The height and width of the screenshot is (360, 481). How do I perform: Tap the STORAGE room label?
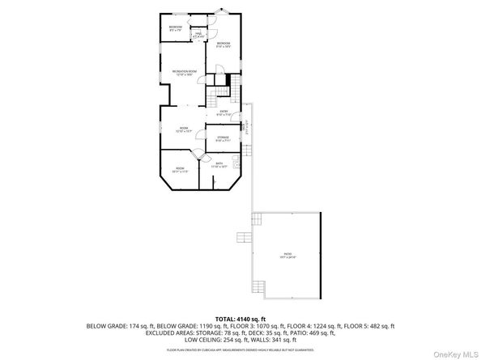[223, 138]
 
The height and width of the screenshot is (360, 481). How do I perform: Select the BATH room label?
[220, 165]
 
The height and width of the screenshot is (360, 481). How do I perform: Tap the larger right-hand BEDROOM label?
[223, 44]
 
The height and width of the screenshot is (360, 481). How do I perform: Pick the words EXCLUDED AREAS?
[171, 332]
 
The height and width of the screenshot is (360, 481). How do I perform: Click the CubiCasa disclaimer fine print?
[240, 349]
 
